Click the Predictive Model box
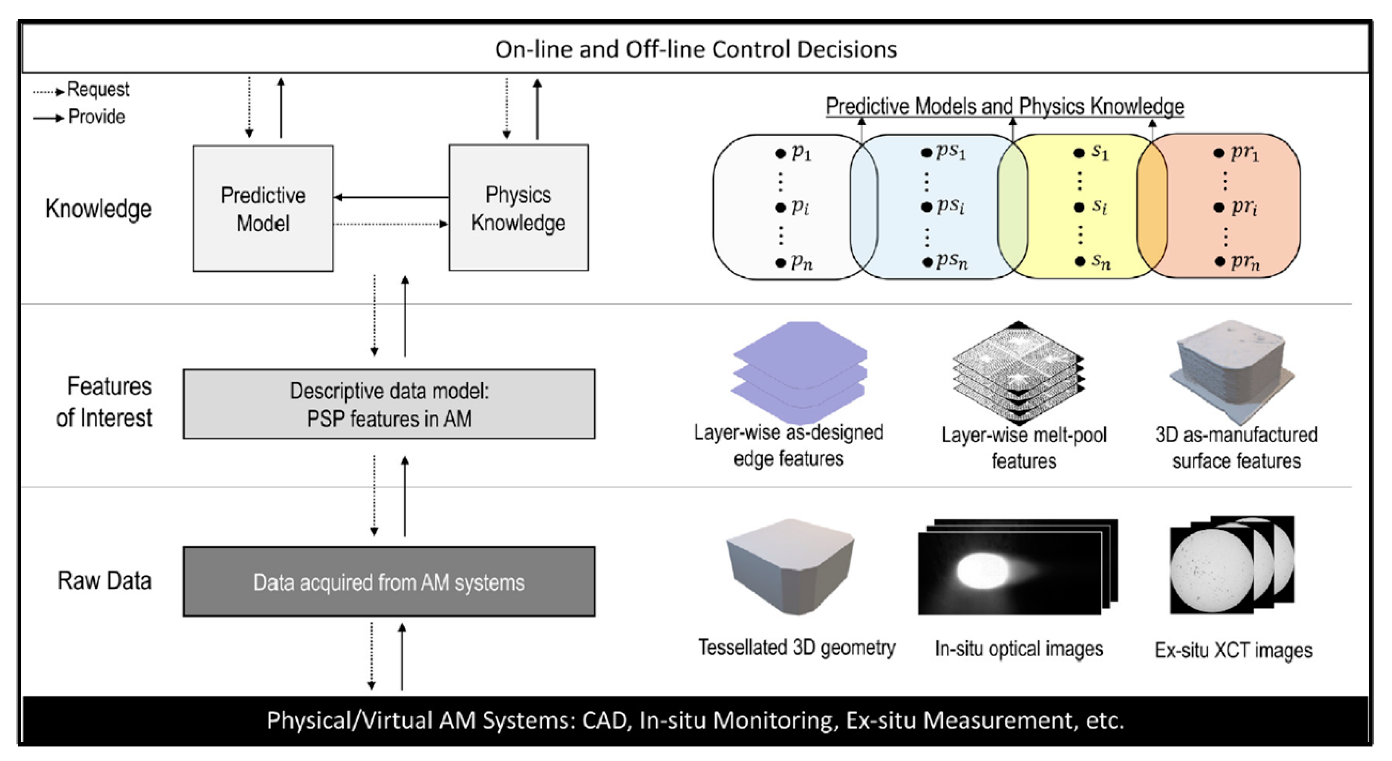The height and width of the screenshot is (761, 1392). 263,208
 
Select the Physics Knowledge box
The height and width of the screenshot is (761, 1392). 518,207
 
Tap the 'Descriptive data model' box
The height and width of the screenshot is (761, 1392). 389,404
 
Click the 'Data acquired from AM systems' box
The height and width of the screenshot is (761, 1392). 389,581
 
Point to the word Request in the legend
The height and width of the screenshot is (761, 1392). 98,89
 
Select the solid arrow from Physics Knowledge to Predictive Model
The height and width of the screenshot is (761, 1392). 391,197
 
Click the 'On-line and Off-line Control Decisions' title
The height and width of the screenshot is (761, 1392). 696,49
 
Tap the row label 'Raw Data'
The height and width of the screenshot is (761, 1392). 104,580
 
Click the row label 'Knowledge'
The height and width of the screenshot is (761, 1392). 98,209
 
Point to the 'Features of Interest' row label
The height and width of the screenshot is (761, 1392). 104,402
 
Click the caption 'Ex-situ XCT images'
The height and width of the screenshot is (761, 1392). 1234,650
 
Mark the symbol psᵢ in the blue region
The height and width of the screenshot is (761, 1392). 951,206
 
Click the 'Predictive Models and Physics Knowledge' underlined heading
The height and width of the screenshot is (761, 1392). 1005,106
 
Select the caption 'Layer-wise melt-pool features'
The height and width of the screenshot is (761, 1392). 1024,448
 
